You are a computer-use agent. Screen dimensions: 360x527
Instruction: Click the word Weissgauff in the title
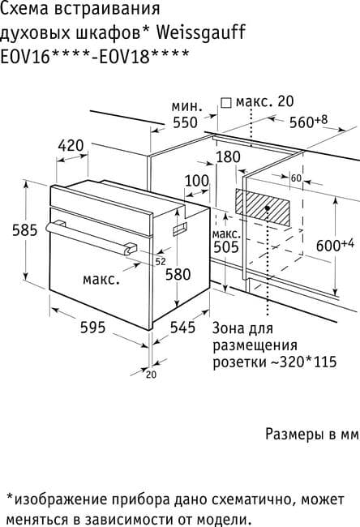tap(201, 33)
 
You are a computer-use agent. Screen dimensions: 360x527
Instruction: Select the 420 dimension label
tap(71, 146)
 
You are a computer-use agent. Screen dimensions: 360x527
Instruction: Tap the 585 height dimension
tap(25, 230)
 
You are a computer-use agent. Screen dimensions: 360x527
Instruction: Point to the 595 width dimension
tap(92, 327)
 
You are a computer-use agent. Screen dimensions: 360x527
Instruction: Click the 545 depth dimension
tap(183, 327)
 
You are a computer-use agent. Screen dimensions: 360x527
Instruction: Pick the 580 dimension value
tap(178, 274)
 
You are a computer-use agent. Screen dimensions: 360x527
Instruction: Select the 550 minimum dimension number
tap(185, 122)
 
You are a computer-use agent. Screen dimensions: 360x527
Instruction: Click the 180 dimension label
tap(228, 157)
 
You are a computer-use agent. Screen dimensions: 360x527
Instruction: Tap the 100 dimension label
tap(197, 181)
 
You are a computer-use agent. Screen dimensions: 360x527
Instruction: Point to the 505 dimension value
tap(226, 247)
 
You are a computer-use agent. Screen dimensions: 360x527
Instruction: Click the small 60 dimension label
tap(296, 178)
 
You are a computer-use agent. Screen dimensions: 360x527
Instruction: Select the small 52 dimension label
tap(161, 262)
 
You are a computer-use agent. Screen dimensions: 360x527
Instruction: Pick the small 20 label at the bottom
tap(152, 375)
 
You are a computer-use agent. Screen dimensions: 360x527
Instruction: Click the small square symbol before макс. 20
tap(226, 103)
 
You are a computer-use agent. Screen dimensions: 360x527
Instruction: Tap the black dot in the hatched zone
tap(268, 208)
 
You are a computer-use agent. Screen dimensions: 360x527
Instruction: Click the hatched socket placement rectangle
tap(262, 207)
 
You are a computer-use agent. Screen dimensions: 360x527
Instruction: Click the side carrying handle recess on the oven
tap(180, 229)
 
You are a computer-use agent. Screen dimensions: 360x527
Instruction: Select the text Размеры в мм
tap(313, 434)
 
